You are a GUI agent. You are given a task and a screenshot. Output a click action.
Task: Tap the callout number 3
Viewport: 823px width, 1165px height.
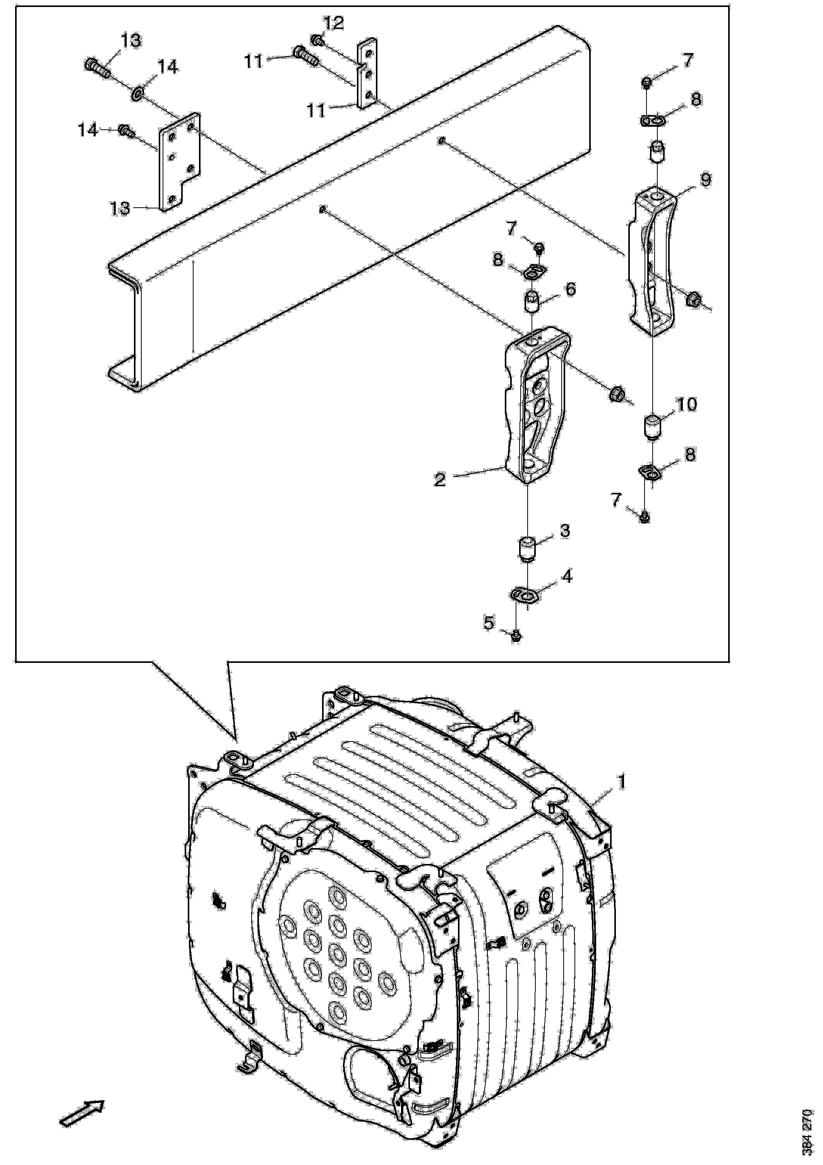565,531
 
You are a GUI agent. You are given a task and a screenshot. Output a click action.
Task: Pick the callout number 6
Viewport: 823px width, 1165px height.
571,289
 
